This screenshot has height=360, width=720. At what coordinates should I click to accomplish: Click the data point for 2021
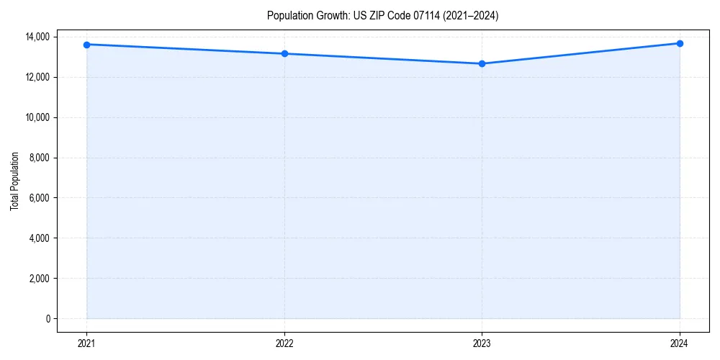click(x=86, y=45)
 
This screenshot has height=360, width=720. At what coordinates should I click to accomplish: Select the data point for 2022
click(x=284, y=53)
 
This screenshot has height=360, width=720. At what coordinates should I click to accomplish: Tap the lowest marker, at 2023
click(x=482, y=63)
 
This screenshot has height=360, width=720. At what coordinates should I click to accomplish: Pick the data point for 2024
click(x=680, y=43)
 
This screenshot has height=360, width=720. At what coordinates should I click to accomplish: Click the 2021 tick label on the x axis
click(x=86, y=343)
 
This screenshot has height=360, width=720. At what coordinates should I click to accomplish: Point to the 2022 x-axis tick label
click(x=284, y=343)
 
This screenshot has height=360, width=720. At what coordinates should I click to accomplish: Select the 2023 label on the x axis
click(x=482, y=343)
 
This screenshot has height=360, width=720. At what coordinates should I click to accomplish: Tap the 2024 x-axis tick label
click(x=680, y=343)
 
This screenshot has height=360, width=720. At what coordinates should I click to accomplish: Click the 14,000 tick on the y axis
click(x=37, y=37)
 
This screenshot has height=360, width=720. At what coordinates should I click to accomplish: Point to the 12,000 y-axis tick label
click(x=37, y=77)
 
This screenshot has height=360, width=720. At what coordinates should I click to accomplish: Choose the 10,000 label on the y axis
click(x=37, y=117)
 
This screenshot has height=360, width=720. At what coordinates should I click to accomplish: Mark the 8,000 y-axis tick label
click(x=40, y=158)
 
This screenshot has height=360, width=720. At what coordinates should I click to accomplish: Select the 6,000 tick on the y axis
click(x=40, y=198)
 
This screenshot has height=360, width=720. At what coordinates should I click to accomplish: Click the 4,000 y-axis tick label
click(x=40, y=238)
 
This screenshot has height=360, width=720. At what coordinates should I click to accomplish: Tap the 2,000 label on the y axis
click(x=40, y=279)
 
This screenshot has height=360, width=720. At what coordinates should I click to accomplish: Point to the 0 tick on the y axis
click(x=48, y=319)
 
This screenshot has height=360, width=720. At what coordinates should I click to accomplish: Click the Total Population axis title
click(x=14, y=181)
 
